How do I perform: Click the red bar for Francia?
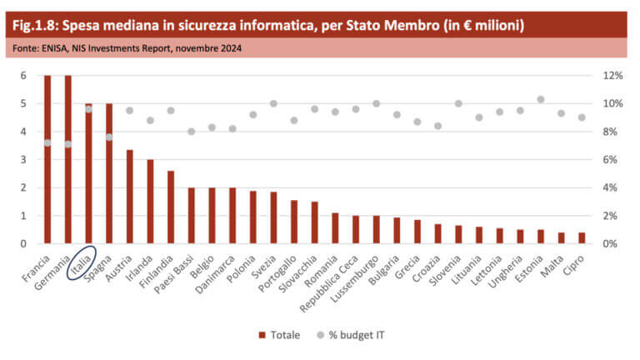47,159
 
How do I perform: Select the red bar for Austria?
130,197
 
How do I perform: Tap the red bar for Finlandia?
171,207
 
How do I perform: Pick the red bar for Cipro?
581,237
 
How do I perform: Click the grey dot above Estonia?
540,99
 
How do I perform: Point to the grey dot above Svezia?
273,104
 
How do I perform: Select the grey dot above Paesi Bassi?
192,132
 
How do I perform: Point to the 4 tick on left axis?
24,132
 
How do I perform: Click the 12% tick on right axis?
612,76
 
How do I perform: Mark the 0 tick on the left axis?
24,243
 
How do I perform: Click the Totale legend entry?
279,334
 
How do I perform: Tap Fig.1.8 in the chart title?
34,25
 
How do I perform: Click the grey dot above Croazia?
437,126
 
